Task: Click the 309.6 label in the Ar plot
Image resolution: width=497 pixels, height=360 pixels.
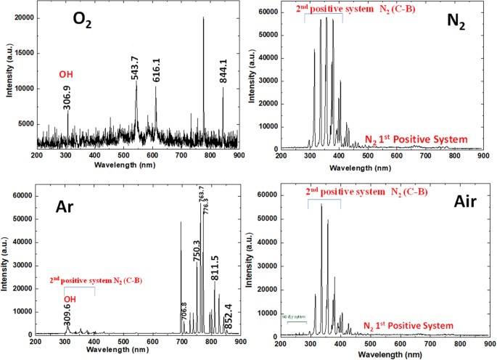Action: click(x=69, y=314)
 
